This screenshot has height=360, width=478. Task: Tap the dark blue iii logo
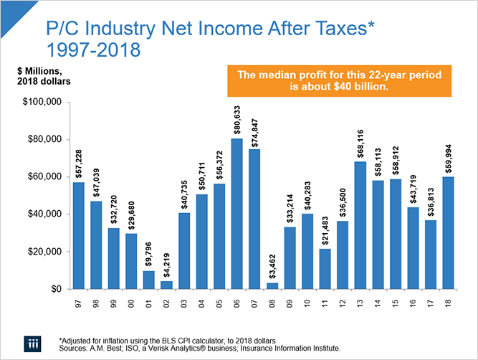(29, 341)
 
